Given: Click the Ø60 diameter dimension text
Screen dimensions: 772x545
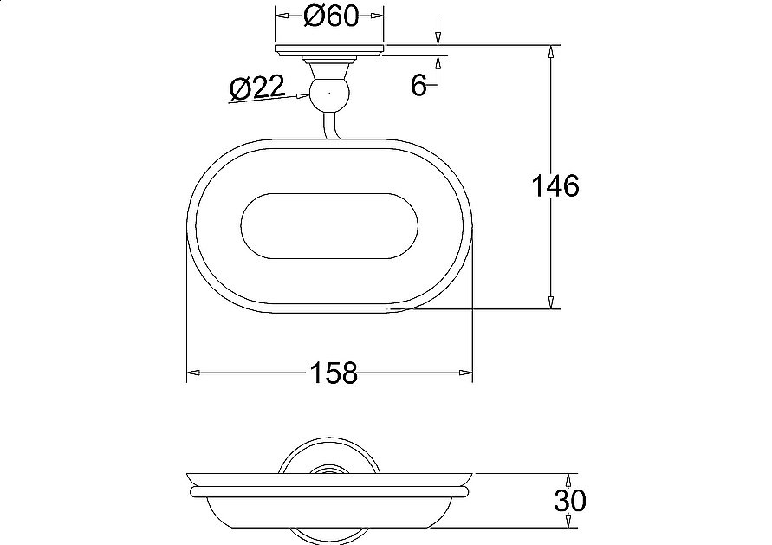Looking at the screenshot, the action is pyautogui.click(x=330, y=16).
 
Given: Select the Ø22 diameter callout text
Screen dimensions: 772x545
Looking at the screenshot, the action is pyautogui.click(x=257, y=88).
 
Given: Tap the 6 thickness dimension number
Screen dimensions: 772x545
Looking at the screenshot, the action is pyautogui.click(x=418, y=85).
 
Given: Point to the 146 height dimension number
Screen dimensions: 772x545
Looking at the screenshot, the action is pyautogui.click(x=555, y=185).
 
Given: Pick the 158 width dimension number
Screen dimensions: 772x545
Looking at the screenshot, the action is pyautogui.click(x=334, y=373).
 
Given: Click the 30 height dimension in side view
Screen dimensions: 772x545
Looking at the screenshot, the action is pyautogui.click(x=570, y=501).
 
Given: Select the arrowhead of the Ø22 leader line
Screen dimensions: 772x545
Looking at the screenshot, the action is pyautogui.click(x=301, y=96).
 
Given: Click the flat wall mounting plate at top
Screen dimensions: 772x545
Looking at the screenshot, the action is pyautogui.click(x=329, y=50).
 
